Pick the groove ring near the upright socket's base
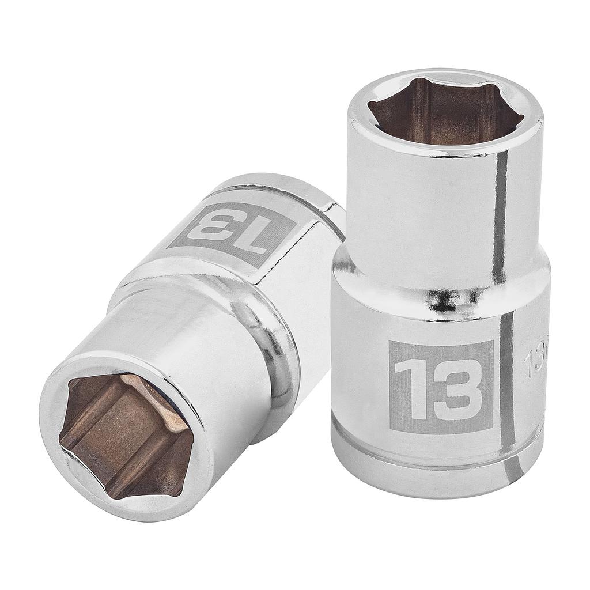(x=438, y=455)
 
